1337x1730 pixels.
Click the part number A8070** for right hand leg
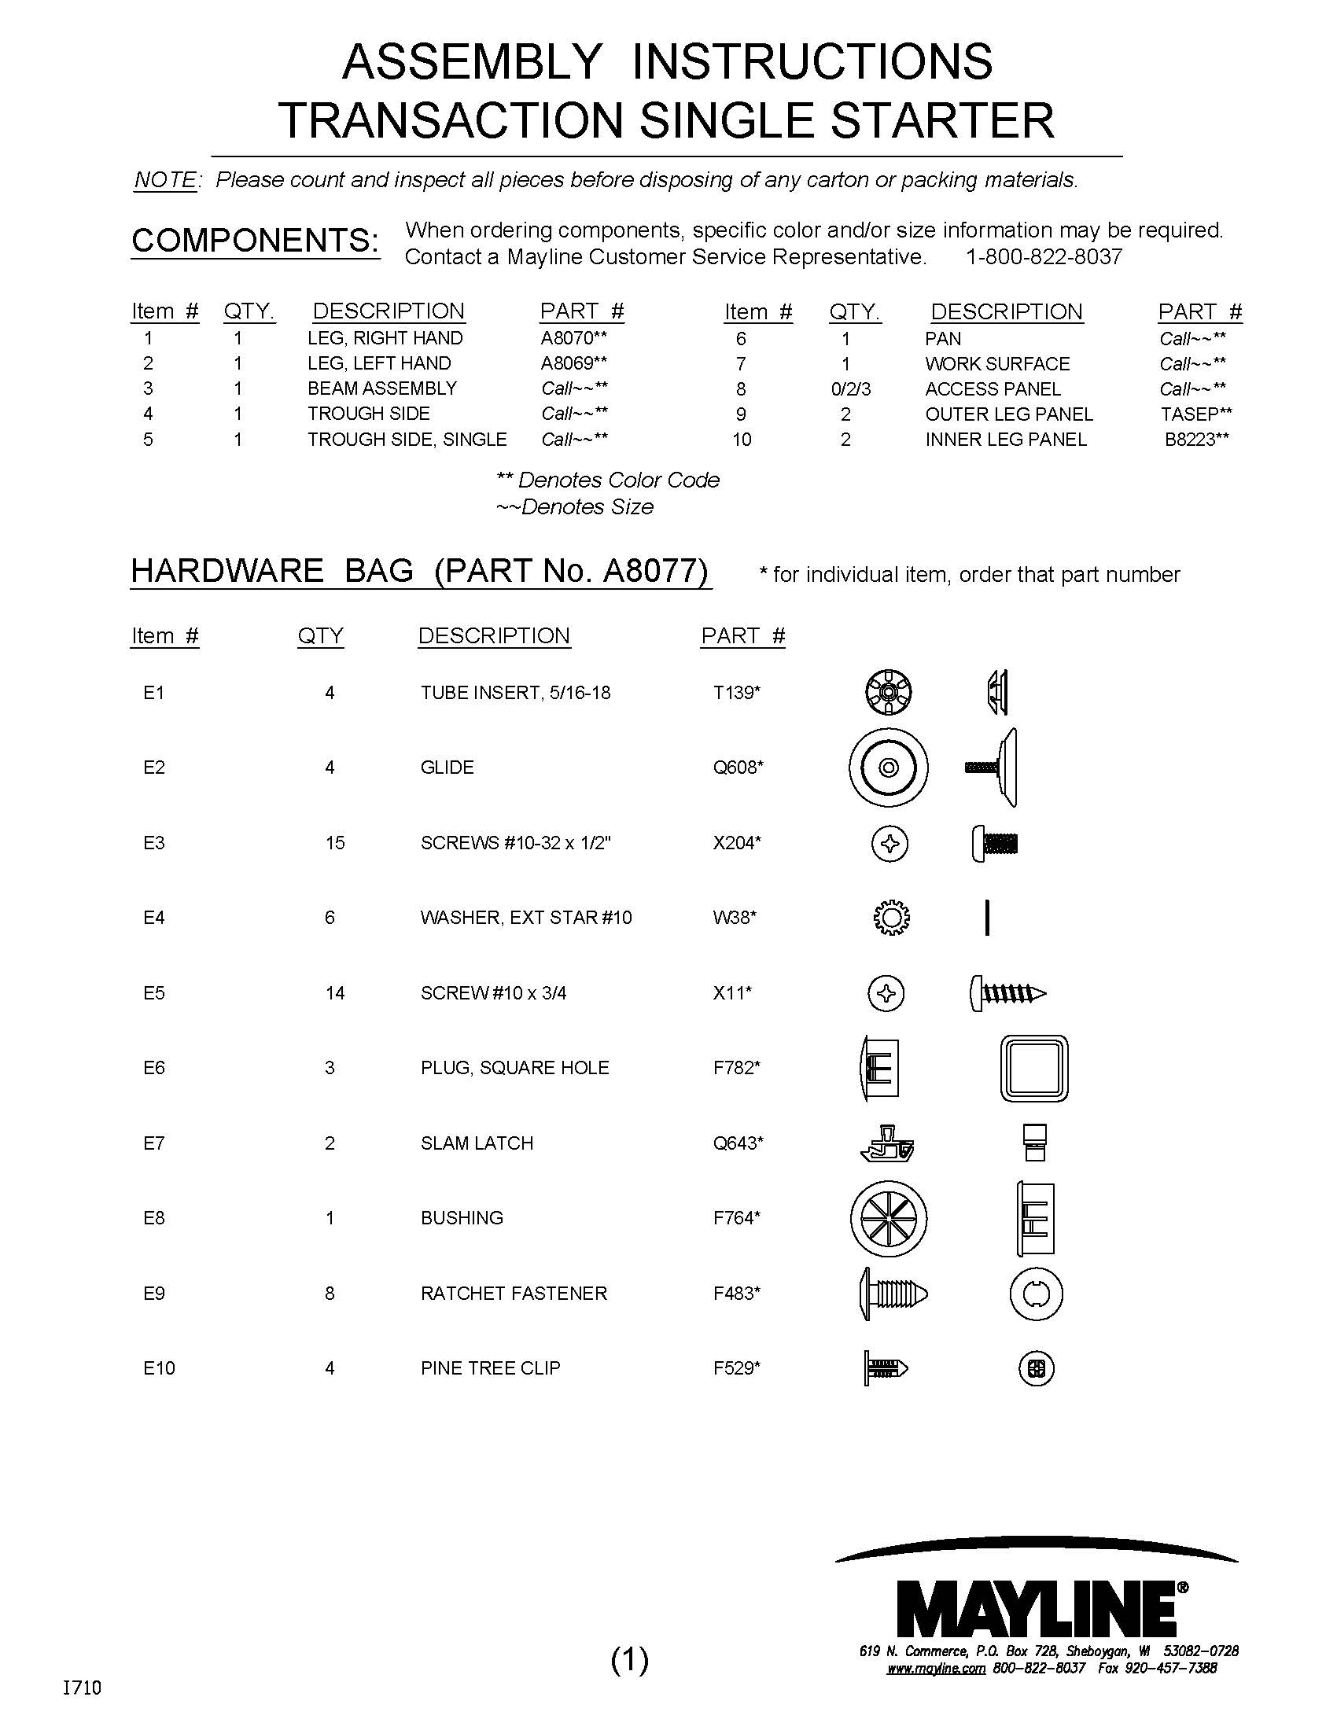pyautogui.click(x=573, y=338)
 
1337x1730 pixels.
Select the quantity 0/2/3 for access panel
pyautogui.click(x=852, y=389)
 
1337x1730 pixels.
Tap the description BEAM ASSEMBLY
pyautogui.click(x=381, y=388)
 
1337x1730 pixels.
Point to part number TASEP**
pyautogui.click(x=1196, y=414)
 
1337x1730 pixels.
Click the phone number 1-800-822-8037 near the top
pyautogui.click(x=1043, y=256)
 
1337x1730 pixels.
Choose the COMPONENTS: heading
pyautogui.click(x=254, y=241)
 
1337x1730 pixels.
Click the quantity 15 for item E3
pyautogui.click(x=334, y=843)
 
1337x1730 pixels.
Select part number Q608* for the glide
pyautogui.click(x=738, y=767)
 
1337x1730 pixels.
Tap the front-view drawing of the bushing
pyautogui.click(x=888, y=1218)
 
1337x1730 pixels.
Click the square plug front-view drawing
pyautogui.click(x=1033, y=1068)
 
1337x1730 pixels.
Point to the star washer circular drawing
pyautogui.click(x=891, y=918)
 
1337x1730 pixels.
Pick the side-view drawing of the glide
pyautogui.click(x=993, y=767)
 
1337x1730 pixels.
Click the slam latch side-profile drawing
pyautogui.click(x=887, y=1143)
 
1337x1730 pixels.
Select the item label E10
pyautogui.click(x=158, y=1368)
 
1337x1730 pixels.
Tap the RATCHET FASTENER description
pyautogui.click(x=514, y=1294)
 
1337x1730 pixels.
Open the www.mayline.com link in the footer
pyautogui.click(x=935, y=1668)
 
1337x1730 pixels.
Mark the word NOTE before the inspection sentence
pyautogui.click(x=164, y=181)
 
